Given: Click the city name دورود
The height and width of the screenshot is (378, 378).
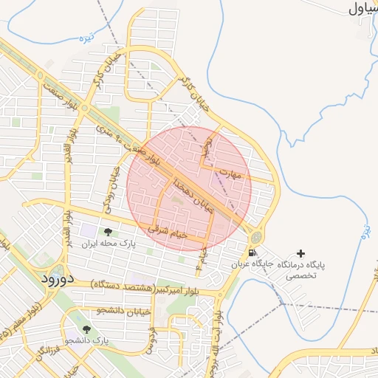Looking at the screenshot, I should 55,278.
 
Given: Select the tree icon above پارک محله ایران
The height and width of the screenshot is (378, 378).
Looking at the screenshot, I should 108,233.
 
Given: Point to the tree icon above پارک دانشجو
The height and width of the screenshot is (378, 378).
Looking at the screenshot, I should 86,329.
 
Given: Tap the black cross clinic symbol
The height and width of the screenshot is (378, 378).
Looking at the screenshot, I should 300,253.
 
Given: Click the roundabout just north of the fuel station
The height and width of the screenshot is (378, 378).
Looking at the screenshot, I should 255,238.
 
